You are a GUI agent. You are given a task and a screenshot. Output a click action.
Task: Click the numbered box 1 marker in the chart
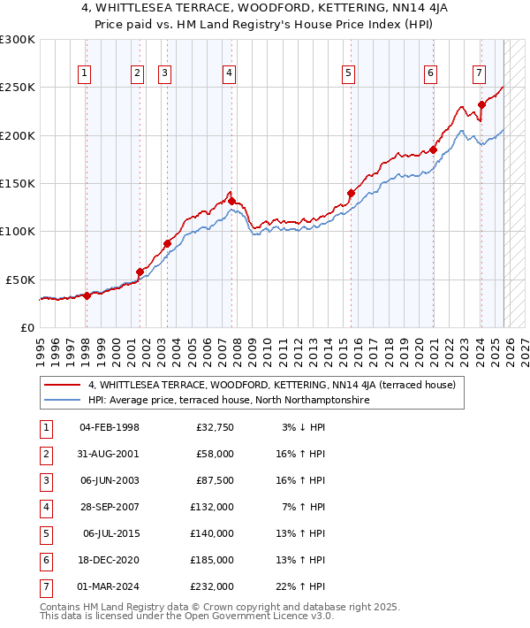(85, 73)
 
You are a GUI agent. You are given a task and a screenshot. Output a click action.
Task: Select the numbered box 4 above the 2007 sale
(229, 73)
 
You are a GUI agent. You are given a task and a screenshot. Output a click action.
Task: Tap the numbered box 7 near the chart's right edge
(478, 73)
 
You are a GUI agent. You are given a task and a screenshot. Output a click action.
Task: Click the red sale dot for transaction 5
(351, 193)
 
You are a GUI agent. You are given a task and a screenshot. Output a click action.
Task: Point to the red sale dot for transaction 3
(166, 243)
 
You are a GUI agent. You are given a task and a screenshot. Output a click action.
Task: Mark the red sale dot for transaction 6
(434, 149)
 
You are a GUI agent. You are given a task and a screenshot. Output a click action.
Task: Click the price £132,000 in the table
(213, 507)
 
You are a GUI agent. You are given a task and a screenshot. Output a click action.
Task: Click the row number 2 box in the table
(45, 454)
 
